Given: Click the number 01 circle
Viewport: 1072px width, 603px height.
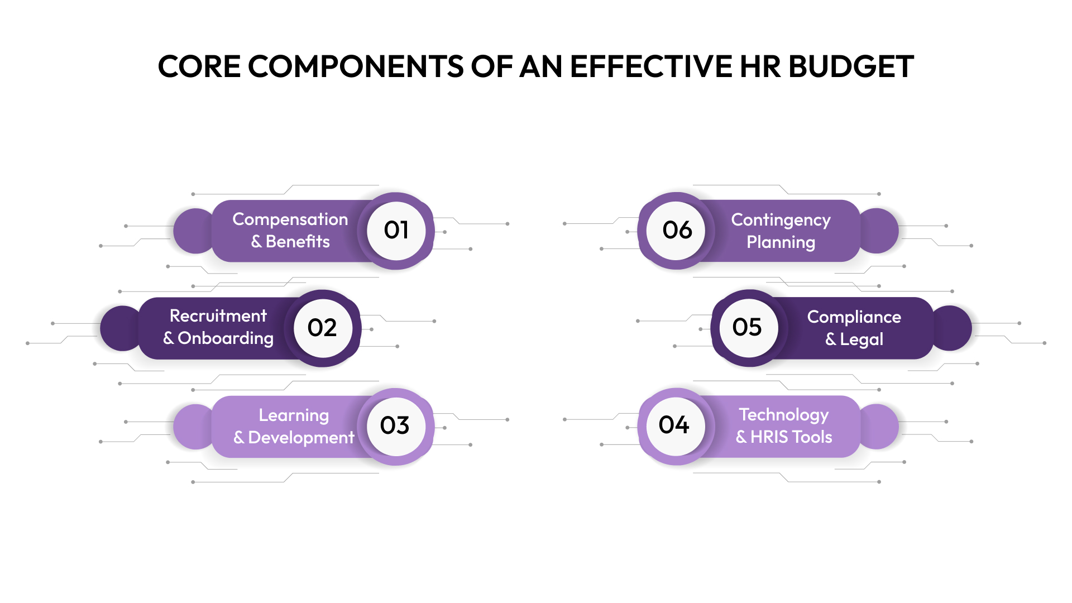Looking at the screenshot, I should pyautogui.click(x=396, y=231).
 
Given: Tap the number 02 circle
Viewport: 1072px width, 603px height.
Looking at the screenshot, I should pyautogui.click(x=323, y=328).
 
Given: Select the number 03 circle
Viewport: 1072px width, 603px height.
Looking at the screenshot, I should pyautogui.click(x=395, y=426).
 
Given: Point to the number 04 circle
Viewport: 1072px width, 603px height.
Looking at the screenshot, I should pyautogui.click(x=674, y=425).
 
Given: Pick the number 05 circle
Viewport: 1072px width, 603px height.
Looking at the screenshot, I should pyautogui.click(x=748, y=328).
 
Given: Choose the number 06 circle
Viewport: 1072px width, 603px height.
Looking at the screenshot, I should pyautogui.click(x=677, y=231).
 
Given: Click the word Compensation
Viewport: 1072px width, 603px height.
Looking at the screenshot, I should pyautogui.click(x=290, y=219).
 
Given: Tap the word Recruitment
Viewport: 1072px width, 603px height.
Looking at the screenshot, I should pyautogui.click(x=218, y=316).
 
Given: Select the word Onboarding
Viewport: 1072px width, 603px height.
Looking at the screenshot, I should pyautogui.click(x=226, y=338).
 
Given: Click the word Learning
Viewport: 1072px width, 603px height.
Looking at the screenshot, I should pyautogui.click(x=294, y=415).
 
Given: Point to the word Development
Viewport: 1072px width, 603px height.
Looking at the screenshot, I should pyautogui.click(x=301, y=438).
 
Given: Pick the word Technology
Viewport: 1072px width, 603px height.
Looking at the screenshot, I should pyautogui.click(x=784, y=415).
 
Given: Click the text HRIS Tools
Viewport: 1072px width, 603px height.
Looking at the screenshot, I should pyautogui.click(x=791, y=437).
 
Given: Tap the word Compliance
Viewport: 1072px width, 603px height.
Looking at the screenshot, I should pyautogui.click(x=854, y=317).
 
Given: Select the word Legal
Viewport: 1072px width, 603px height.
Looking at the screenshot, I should pyautogui.click(x=862, y=339).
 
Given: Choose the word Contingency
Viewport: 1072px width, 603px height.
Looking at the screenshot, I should pyautogui.click(x=781, y=220).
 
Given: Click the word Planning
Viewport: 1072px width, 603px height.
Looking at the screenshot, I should pyautogui.click(x=781, y=242).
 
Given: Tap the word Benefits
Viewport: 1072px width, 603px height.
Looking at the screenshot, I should pyautogui.click(x=298, y=242).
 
